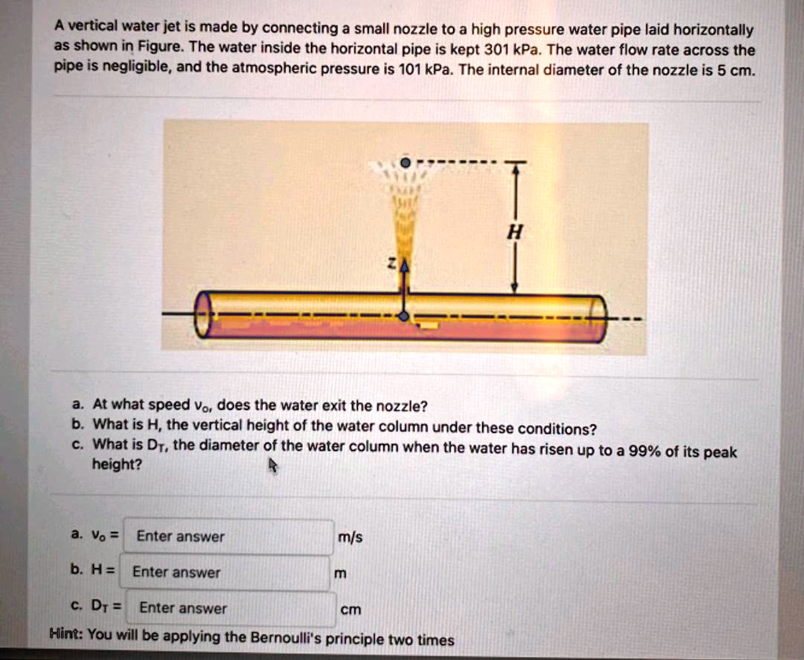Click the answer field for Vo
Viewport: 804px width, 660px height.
tap(229, 537)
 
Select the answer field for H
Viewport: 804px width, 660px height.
tap(225, 572)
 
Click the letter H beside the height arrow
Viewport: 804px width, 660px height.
tap(514, 233)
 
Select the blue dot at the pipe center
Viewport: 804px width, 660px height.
tap(404, 316)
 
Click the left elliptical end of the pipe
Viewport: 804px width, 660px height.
tap(203, 315)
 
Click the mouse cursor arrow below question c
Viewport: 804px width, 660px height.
tap(273, 467)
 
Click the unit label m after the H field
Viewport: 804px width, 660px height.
tap(340, 574)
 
